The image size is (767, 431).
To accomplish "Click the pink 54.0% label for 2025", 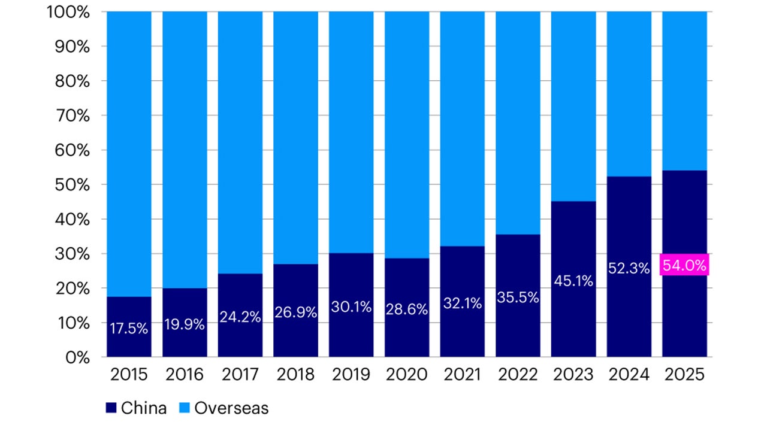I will (x=684, y=265).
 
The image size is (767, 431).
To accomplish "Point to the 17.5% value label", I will (x=129, y=329).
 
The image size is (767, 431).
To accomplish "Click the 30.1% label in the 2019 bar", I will (x=351, y=307).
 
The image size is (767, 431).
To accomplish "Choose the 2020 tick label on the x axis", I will (x=407, y=375).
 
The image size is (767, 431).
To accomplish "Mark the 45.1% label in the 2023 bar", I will (x=573, y=281).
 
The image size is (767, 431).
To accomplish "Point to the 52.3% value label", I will (x=629, y=269).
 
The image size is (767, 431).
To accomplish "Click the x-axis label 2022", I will (x=518, y=375).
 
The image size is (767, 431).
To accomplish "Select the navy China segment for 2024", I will (x=629, y=311).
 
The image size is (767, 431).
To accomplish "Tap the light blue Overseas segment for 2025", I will (x=684, y=90).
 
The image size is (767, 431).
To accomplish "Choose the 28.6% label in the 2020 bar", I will (x=407, y=309).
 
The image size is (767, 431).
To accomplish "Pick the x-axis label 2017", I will (x=240, y=375).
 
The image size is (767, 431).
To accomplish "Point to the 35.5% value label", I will (x=518, y=298).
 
